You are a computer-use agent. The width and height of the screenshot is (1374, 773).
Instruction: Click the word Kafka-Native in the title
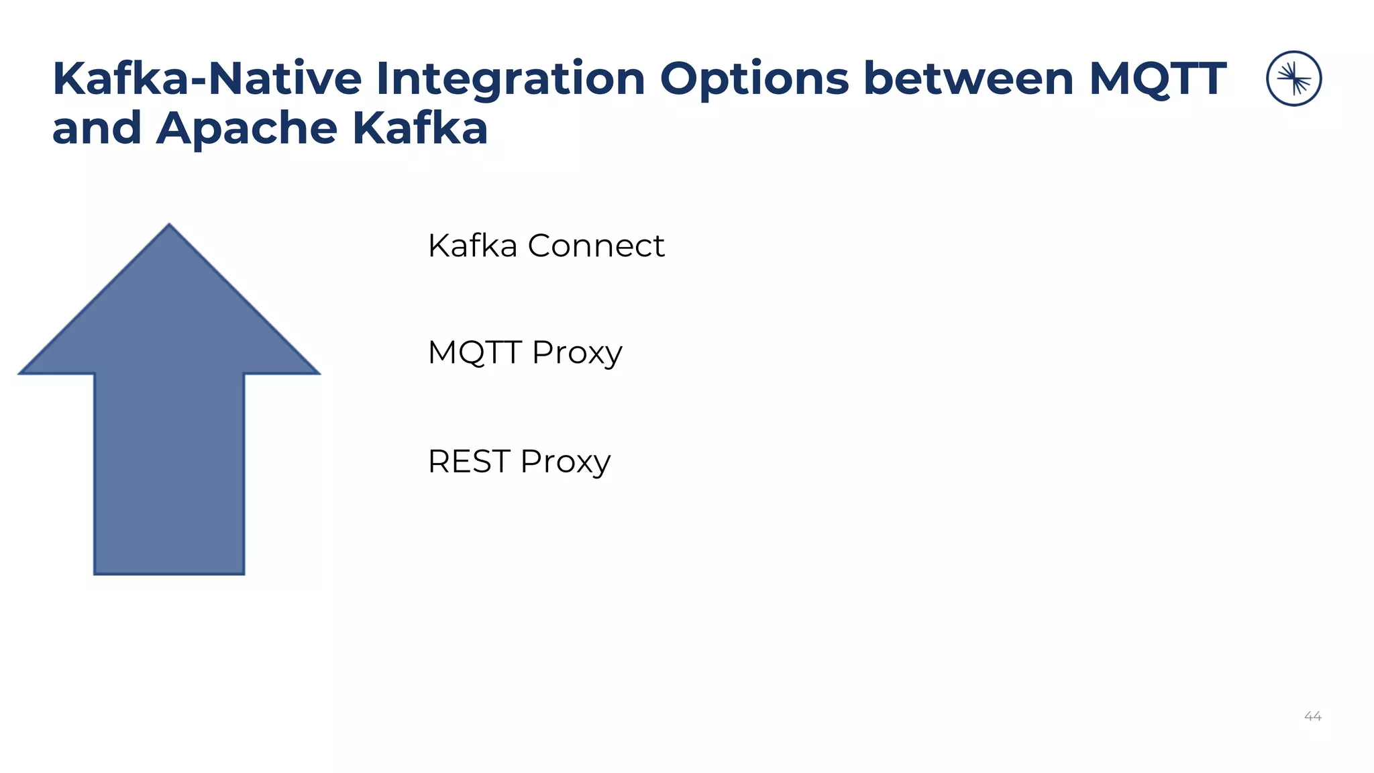(x=207, y=79)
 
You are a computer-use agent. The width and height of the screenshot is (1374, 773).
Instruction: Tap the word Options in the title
(x=755, y=79)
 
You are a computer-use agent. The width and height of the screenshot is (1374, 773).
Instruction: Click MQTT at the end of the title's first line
(x=1157, y=79)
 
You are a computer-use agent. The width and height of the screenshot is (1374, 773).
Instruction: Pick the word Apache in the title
(x=246, y=128)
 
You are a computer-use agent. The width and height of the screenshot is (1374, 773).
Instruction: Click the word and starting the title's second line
(x=97, y=128)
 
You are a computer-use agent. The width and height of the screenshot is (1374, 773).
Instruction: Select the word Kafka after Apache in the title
(x=419, y=128)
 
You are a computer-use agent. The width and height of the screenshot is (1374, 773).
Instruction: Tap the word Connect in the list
(x=596, y=246)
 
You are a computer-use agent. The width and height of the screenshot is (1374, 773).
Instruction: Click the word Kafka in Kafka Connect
(x=472, y=246)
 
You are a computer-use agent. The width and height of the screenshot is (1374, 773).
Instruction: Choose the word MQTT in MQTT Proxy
(x=474, y=352)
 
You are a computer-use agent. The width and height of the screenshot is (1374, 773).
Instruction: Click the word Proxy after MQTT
(x=577, y=354)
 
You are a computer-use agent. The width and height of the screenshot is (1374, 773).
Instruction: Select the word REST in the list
(x=469, y=462)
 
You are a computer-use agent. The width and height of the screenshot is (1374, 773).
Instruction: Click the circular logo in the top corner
(x=1293, y=79)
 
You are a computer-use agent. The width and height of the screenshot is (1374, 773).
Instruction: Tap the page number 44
(x=1312, y=717)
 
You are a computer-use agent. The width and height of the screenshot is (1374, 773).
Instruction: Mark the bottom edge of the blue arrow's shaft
(x=169, y=573)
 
